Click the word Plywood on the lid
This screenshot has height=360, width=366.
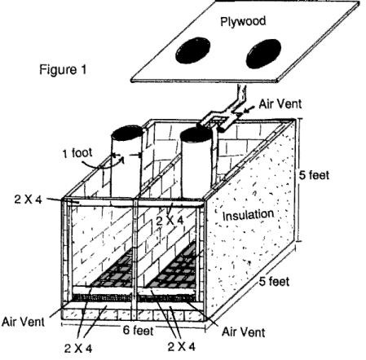pos(243,21)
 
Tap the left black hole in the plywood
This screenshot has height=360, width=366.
pos(193,50)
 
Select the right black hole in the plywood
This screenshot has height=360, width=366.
pos(263,54)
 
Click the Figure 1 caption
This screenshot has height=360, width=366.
pos(63,69)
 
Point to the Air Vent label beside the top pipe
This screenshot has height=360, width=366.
pos(280,104)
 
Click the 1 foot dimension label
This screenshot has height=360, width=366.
pos(77,152)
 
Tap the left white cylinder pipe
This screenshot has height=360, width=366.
pos(127,166)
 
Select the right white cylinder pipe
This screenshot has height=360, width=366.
pos(196,165)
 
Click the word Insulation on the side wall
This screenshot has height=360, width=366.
pos(248,215)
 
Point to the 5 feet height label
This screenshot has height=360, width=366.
pos(314,175)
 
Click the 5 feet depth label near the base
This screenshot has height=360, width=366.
pos(274,281)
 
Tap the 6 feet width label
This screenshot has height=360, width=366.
pos(138,330)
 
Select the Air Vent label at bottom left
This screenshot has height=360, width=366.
pos(23,322)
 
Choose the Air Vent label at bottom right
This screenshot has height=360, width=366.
pos(243,331)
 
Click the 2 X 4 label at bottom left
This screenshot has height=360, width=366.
pos(78,348)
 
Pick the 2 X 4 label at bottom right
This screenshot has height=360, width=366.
pos(182,346)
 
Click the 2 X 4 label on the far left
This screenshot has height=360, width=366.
pos(29,200)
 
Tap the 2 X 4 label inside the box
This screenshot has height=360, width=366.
pos(170,221)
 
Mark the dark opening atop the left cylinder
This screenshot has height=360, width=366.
pos(127,132)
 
